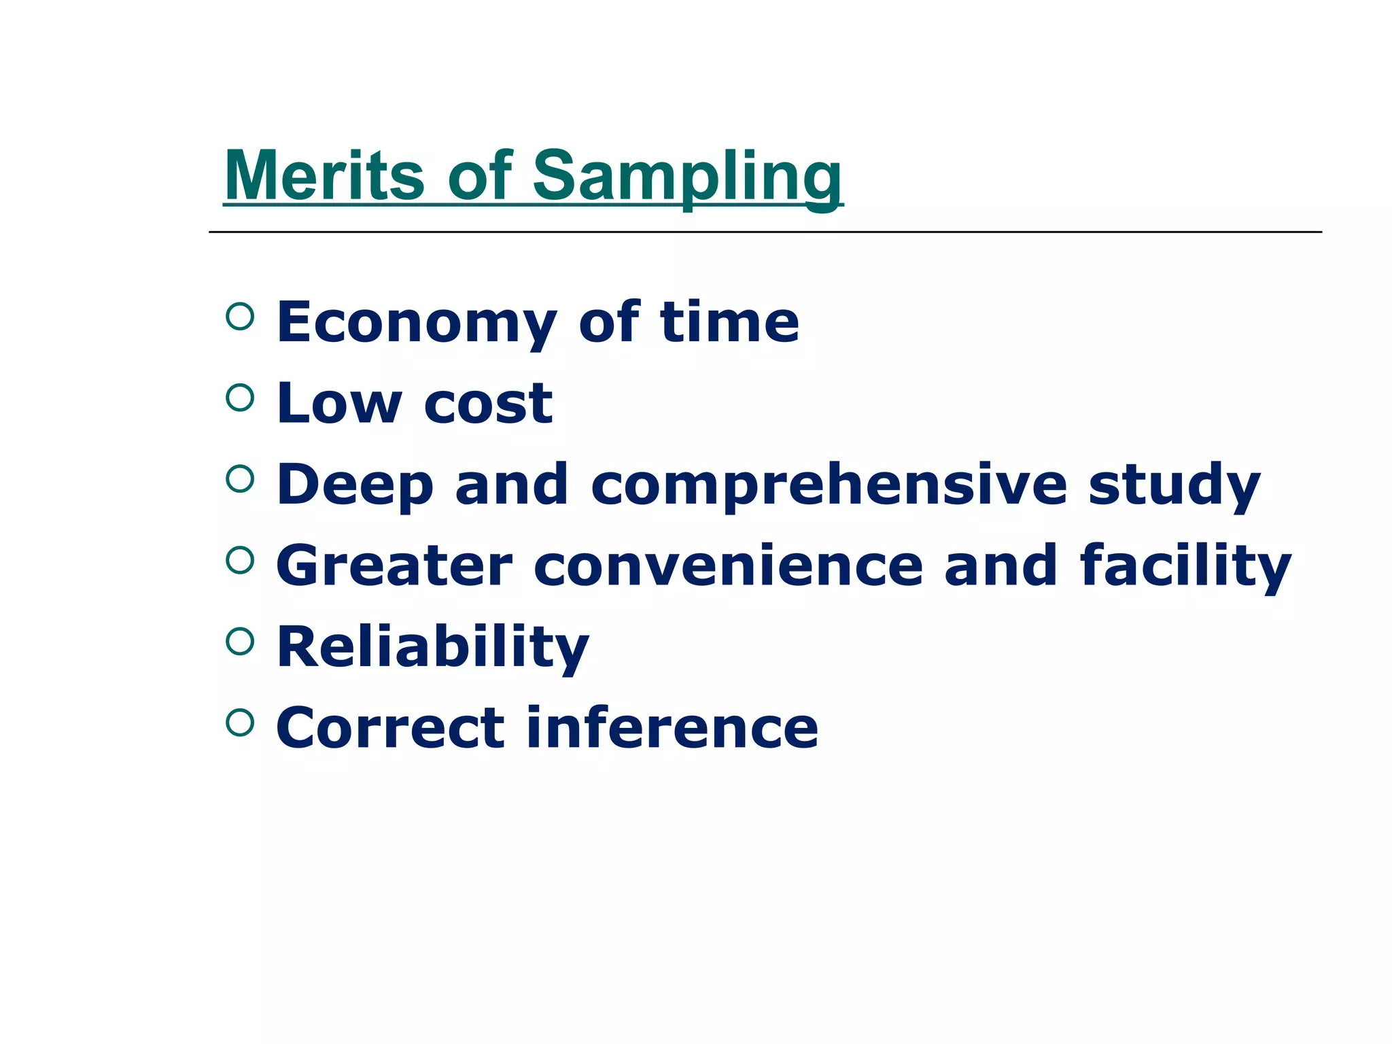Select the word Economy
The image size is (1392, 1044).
tap(416, 322)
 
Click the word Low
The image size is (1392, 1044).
tap(339, 403)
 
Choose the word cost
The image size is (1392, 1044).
tap(488, 403)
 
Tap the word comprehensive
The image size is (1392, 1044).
tap(829, 485)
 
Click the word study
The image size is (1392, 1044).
tap(1174, 485)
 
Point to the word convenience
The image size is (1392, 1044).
tap(728, 565)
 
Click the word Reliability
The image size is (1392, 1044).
tap(433, 647)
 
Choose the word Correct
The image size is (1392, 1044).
tap(390, 728)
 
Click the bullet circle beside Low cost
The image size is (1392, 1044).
tap(239, 398)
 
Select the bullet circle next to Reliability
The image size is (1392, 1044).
tap(239, 641)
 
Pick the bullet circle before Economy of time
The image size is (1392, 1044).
tap(239, 316)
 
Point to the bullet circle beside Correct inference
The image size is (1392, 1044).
tap(239, 723)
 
